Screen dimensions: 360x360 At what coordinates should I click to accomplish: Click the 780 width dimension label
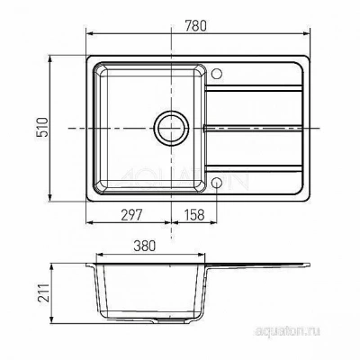click(195, 26)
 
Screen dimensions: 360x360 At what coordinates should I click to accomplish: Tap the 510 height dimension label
click(42, 128)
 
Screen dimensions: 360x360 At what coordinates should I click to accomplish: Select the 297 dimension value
click(131, 215)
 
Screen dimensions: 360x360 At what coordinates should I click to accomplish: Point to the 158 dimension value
click(194, 215)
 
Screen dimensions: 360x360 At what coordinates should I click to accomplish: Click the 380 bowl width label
click(145, 246)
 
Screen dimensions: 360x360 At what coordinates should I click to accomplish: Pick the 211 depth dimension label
click(43, 294)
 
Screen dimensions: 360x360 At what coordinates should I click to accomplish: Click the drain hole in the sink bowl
click(171, 129)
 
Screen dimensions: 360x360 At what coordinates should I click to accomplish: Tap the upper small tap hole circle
click(217, 74)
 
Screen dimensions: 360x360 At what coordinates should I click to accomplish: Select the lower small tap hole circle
click(217, 183)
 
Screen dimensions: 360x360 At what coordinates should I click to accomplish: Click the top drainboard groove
click(254, 88)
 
